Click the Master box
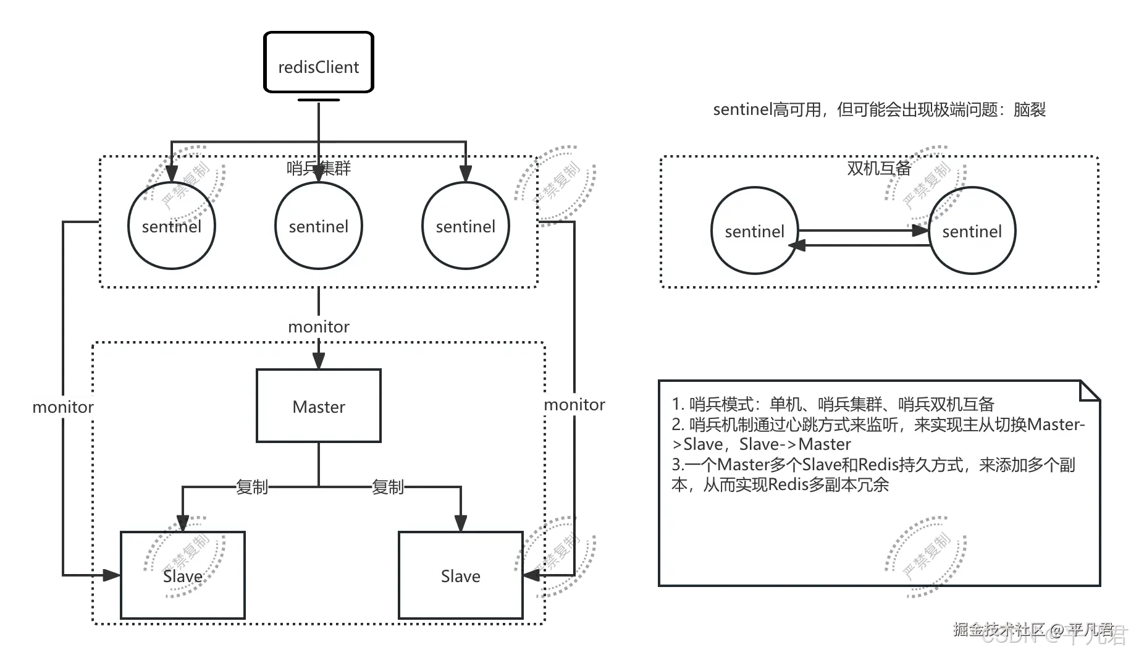[318, 406]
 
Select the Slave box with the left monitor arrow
[183, 575]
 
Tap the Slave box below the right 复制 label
[460, 575]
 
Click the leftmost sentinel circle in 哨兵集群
[171, 226]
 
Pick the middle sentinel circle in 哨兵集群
[318, 226]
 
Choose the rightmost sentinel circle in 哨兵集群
[465, 226]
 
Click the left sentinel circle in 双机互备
[754, 230]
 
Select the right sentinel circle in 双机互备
[972, 230]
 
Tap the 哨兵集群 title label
[318, 168]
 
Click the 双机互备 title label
[878, 168]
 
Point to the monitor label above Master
[318, 326]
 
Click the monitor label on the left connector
[62, 407]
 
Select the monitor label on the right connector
[574, 405]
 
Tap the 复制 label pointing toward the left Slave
[252, 487]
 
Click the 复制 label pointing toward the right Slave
[388, 487]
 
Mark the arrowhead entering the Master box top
[318, 361]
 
